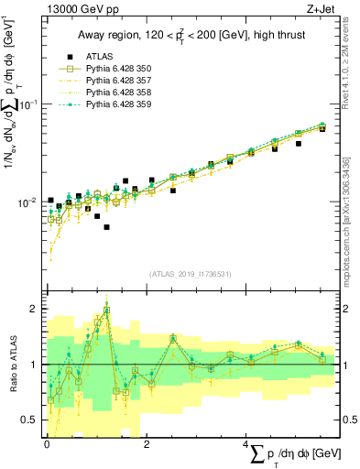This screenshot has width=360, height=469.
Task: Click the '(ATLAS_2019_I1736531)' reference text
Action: pos(190,273)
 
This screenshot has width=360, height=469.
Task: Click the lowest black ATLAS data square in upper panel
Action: pos(107,226)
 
